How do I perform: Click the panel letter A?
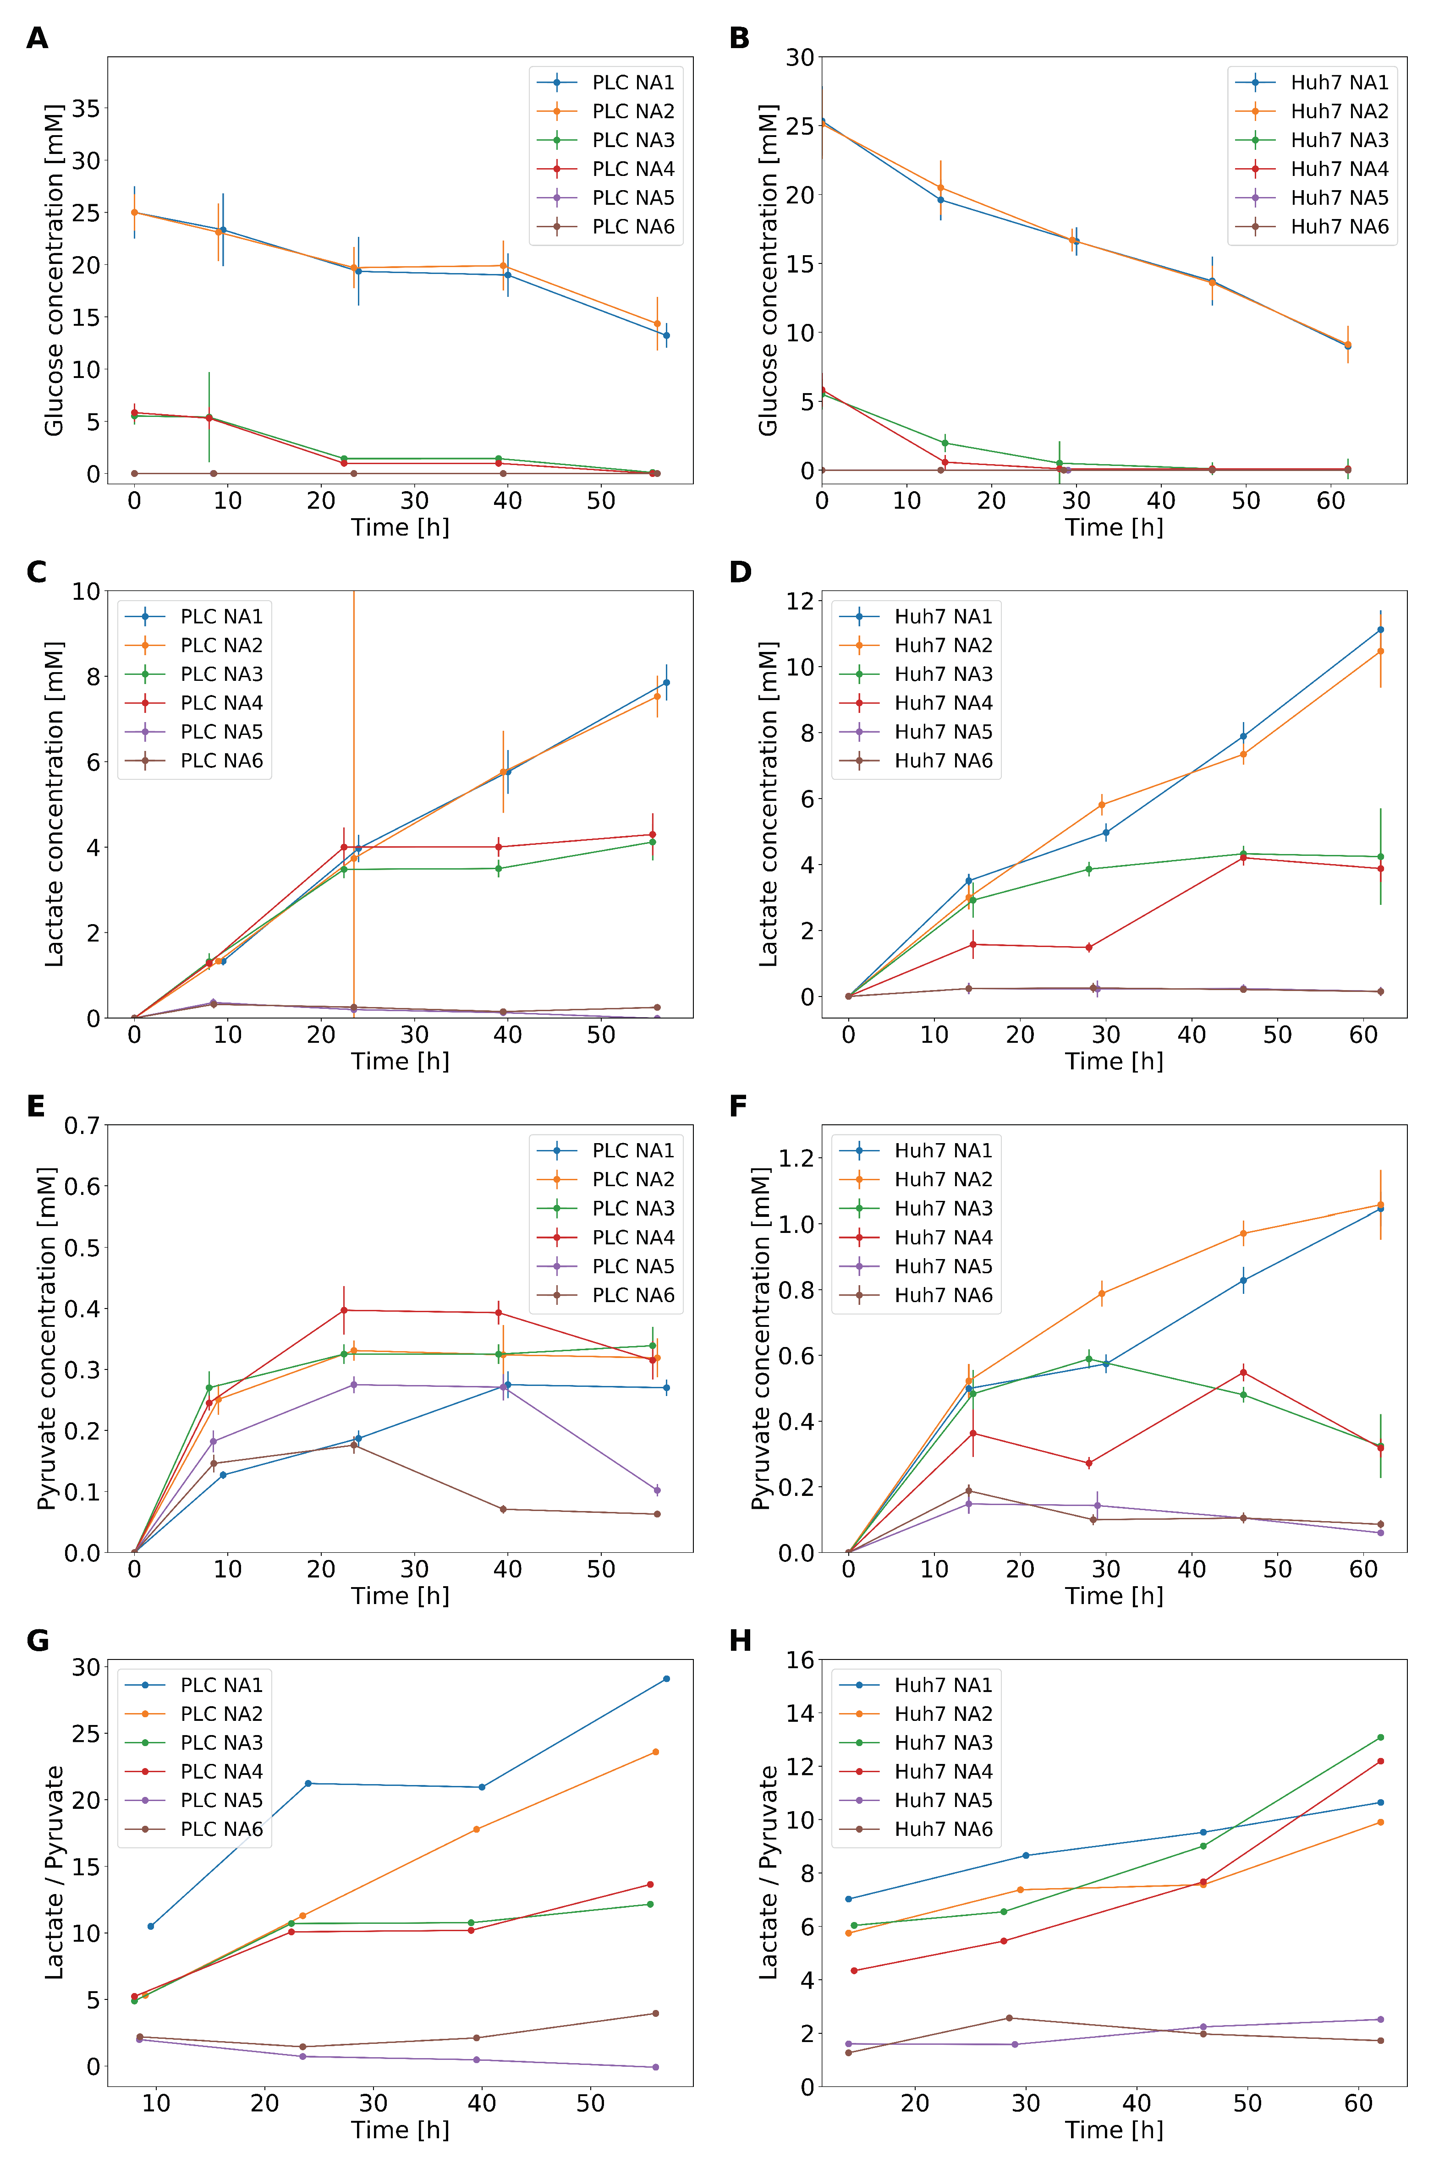37,39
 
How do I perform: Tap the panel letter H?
741,1641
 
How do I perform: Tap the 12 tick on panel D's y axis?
800,602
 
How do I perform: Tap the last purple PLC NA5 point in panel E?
657,1490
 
